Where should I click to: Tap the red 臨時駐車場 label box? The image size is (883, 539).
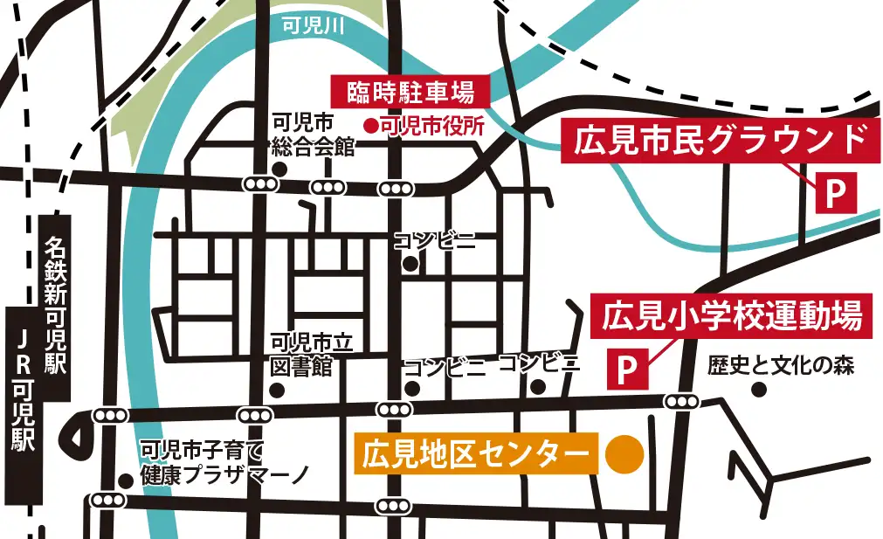pyautogui.click(x=410, y=91)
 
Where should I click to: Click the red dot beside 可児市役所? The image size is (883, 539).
pyautogui.click(x=371, y=125)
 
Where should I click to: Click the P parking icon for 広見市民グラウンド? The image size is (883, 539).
pyautogui.click(x=836, y=193)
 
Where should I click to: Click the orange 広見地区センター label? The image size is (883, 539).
pyautogui.click(x=475, y=454)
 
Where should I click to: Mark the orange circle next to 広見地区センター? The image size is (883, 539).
pyautogui.click(x=624, y=454)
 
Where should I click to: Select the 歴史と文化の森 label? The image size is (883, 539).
pyautogui.click(x=780, y=365)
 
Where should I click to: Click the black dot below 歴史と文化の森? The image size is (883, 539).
pyautogui.click(x=758, y=389)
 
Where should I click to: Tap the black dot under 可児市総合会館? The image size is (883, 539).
pyautogui.click(x=279, y=169)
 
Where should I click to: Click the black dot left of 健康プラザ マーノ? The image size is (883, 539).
pyautogui.click(x=126, y=479)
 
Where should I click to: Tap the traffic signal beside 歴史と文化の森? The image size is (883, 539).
pyautogui.click(x=681, y=401)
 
